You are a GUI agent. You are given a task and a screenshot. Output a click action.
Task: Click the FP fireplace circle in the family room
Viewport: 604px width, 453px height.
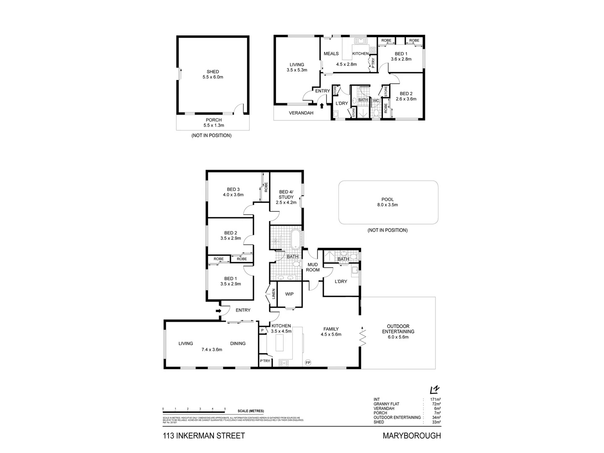pyautogui.click(x=308, y=362)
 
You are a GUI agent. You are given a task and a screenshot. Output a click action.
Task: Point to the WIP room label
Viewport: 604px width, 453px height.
pyautogui.click(x=289, y=294)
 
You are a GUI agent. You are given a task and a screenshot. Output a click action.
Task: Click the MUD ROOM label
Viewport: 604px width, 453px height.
pyautogui.click(x=312, y=267)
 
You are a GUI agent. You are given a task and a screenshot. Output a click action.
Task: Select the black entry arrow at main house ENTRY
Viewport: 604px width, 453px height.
pyautogui.click(x=218, y=311)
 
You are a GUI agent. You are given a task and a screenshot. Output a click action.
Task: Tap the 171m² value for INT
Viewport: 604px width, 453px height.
pyautogui.click(x=435, y=399)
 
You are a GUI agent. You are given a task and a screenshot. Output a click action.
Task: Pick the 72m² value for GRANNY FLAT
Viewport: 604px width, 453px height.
pyautogui.click(x=436, y=404)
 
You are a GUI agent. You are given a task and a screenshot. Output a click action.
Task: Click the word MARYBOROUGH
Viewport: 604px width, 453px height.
pyautogui.click(x=411, y=436)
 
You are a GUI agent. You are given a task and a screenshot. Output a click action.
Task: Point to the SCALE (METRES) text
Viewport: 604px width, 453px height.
pyautogui.click(x=250, y=411)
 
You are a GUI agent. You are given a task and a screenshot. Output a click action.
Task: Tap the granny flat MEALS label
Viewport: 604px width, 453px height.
pyautogui.click(x=331, y=54)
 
